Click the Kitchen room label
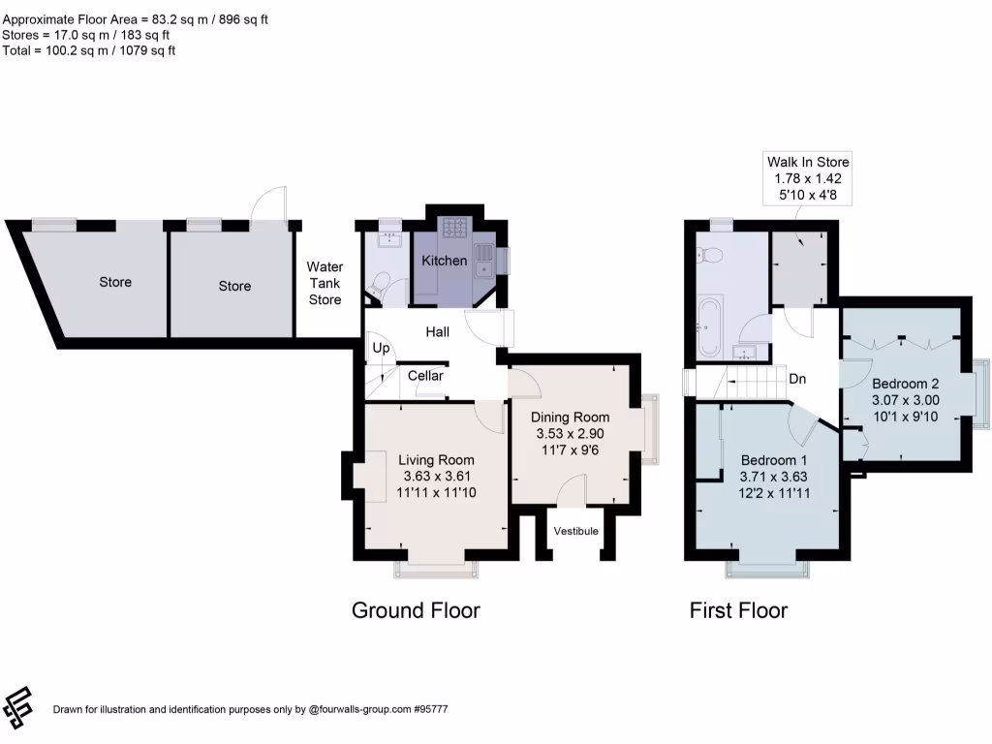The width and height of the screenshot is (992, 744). coord(444,261)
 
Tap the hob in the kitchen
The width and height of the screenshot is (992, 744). coord(455,228)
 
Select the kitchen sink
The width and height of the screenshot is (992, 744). coord(485,262)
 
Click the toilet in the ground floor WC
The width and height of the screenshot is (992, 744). coord(379,285)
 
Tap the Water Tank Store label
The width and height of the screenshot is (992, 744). coord(325,284)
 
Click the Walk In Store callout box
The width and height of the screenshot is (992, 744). coord(807,178)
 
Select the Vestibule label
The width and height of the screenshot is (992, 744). coord(575,531)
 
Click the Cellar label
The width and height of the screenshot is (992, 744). coord(425,376)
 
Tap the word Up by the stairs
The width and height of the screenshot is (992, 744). coord(381,348)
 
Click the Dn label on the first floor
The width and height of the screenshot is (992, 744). coord(797,379)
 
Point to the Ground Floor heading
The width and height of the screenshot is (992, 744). coord(416,610)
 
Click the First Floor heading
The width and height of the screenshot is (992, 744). coord(738,610)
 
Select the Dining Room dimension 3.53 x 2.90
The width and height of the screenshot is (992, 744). coord(570,434)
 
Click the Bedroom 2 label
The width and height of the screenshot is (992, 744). coord(906,384)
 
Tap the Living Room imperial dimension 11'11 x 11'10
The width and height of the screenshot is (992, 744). coord(436,493)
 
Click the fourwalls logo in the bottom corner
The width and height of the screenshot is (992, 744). coord(17,707)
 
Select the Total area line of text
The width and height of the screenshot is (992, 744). coord(88,50)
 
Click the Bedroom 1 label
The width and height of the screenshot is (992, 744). coord(774,460)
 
